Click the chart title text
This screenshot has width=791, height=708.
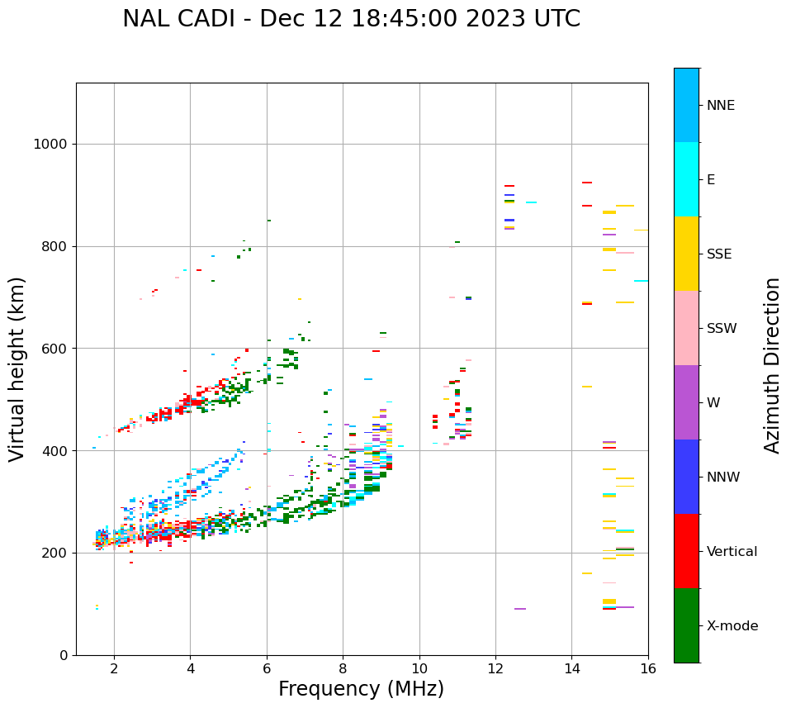coord(351,19)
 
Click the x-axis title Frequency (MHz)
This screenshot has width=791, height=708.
coord(361,689)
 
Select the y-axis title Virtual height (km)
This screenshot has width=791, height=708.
coord(17,369)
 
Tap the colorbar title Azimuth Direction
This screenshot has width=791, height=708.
coord(772,365)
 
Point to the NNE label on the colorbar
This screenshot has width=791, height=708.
coord(720,106)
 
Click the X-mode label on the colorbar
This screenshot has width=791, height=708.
coord(732,626)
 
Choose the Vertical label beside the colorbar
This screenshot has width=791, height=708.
coord(732,552)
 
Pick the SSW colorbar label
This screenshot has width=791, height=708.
coord(722,329)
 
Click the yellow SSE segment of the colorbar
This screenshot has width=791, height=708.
coord(686,254)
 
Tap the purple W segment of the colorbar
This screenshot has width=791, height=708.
coord(686,402)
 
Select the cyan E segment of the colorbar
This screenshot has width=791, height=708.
coord(686,179)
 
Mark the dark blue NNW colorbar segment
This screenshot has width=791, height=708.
coord(686,477)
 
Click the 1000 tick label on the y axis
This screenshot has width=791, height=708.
coord(50,145)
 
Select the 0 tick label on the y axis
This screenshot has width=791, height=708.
coord(63,655)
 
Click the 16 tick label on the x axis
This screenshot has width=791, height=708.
coord(647,668)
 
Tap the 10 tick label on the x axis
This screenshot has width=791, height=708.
coord(419,668)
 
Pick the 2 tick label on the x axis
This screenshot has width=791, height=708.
coord(114,668)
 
